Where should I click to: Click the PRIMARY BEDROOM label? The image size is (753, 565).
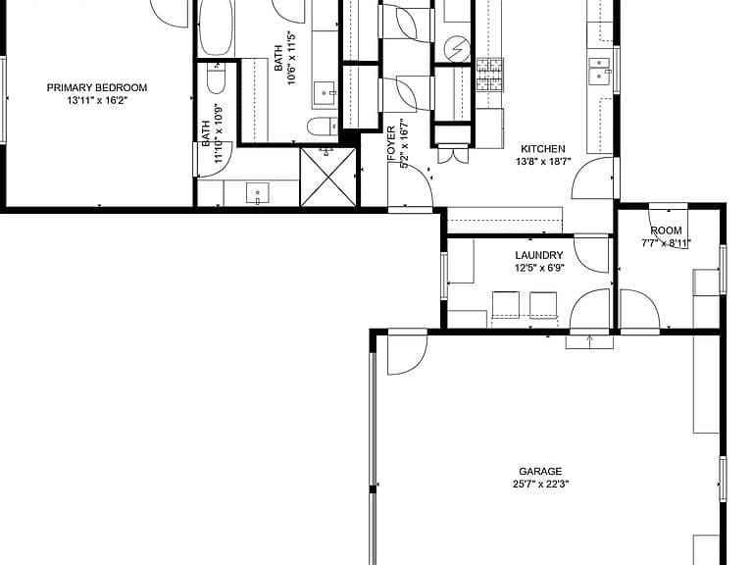click(x=96, y=88)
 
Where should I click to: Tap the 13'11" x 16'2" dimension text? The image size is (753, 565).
click(x=96, y=100)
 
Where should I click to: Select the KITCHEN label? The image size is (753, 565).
click(x=542, y=149)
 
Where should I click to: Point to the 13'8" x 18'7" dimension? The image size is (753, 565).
click(x=542, y=162)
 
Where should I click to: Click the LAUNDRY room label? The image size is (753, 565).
click(x=539, y=255)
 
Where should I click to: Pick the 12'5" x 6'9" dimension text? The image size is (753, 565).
click(x=539, y=268)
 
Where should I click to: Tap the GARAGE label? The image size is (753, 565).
click(x=540, y=471)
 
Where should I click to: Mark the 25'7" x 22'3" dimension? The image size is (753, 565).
click(x=540, y=484)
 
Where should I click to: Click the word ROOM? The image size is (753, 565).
click(x=666, y=231)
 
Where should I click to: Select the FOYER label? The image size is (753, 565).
click(x=391, y=143)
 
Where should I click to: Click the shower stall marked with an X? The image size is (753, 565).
click(x=329, y=177)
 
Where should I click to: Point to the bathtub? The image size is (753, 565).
click(x=216, y=27)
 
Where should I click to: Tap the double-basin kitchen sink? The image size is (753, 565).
click(x=600, y=70)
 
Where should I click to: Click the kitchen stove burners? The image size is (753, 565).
click(x=490, y=75)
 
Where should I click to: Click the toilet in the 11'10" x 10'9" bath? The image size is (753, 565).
click(x=216, y=78)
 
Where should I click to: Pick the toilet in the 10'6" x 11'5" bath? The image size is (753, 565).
click(x=323, y=127)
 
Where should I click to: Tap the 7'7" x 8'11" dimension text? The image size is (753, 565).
click(x=666, y=243)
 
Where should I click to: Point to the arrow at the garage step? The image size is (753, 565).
click(x=589, y=341)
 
